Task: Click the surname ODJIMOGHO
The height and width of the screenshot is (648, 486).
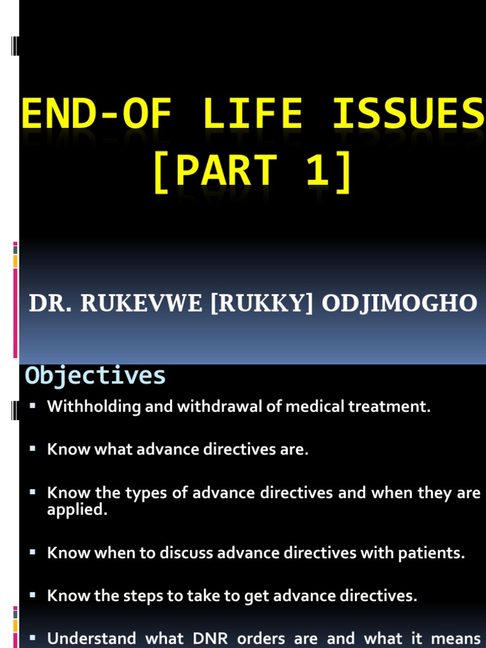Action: tap(399, 303)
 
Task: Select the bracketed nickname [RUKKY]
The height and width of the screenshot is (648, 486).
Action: tap(263, 303)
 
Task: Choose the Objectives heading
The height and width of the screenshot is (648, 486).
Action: tap(95, 376)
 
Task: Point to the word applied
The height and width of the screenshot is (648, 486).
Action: tap(77, 510)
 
